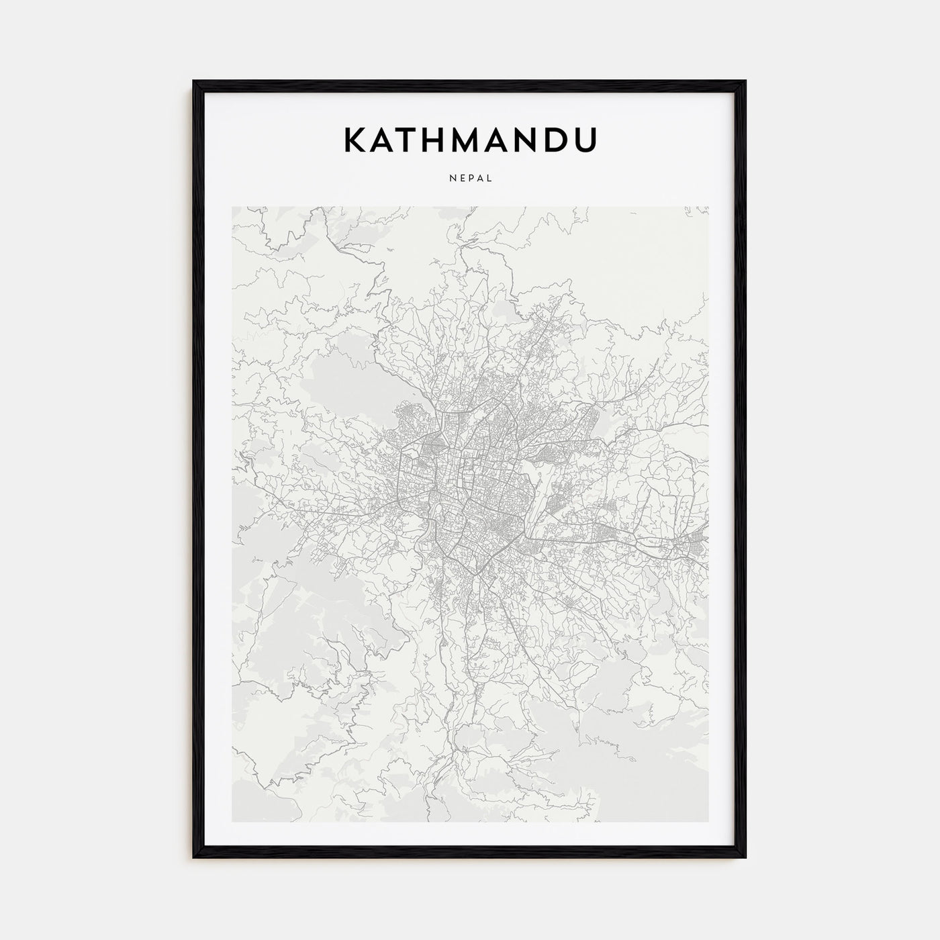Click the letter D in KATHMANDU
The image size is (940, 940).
tap(555, 140)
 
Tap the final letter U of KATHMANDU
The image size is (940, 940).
tap(585, 140)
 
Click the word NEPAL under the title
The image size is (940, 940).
tap(470, 178)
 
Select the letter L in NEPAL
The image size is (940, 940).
tap(490, 178)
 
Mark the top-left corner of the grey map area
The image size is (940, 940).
tap(232, 207)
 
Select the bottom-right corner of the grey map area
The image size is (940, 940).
tap(708, 822)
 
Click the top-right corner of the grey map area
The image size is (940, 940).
tap(708, 207)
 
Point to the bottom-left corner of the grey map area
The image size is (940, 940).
tap(232, 822)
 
